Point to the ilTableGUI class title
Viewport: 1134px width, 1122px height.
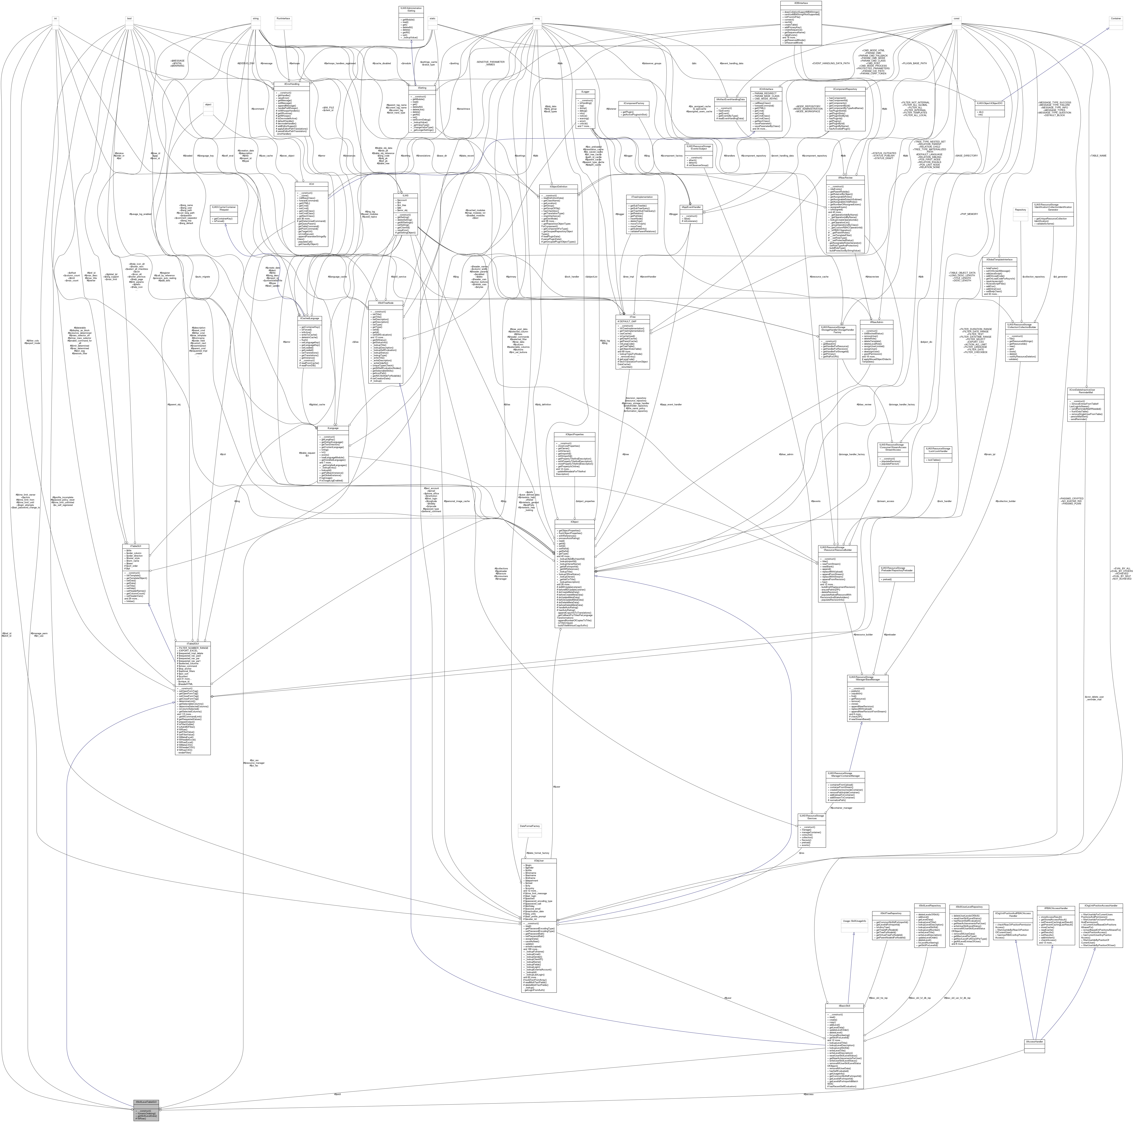pos(135,546)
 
